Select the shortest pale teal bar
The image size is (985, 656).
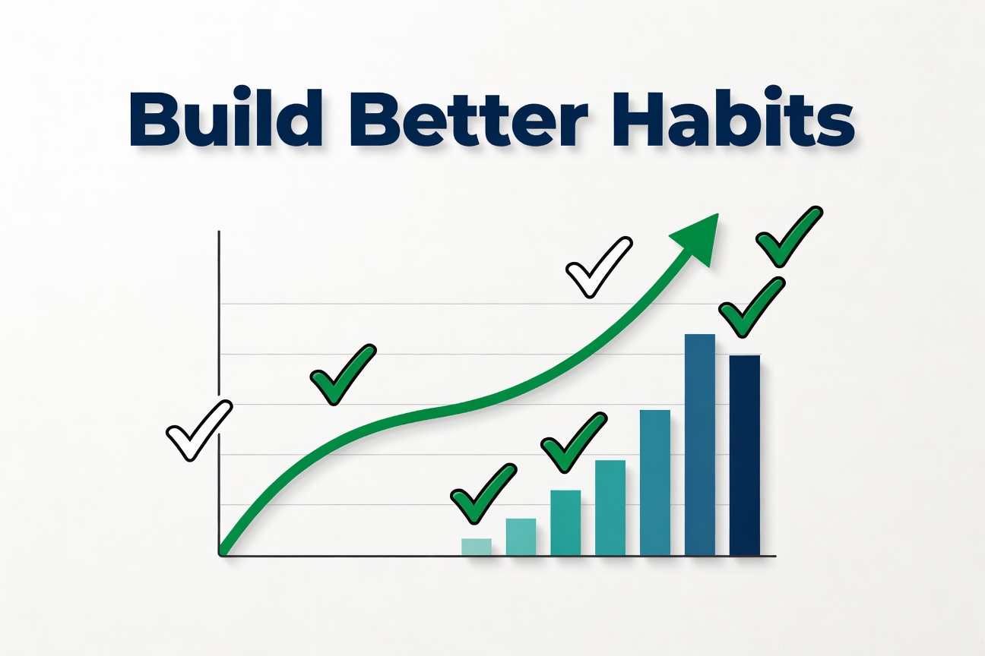[477, 547]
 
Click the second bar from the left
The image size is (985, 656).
[521, 537]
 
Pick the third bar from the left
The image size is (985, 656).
[565, 523]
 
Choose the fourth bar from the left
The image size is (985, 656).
[610, 508]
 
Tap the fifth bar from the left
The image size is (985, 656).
[655, 483]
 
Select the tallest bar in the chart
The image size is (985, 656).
[700, 445]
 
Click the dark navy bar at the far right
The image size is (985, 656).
[745, 456]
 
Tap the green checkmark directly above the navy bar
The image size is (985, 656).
[750, 307]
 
